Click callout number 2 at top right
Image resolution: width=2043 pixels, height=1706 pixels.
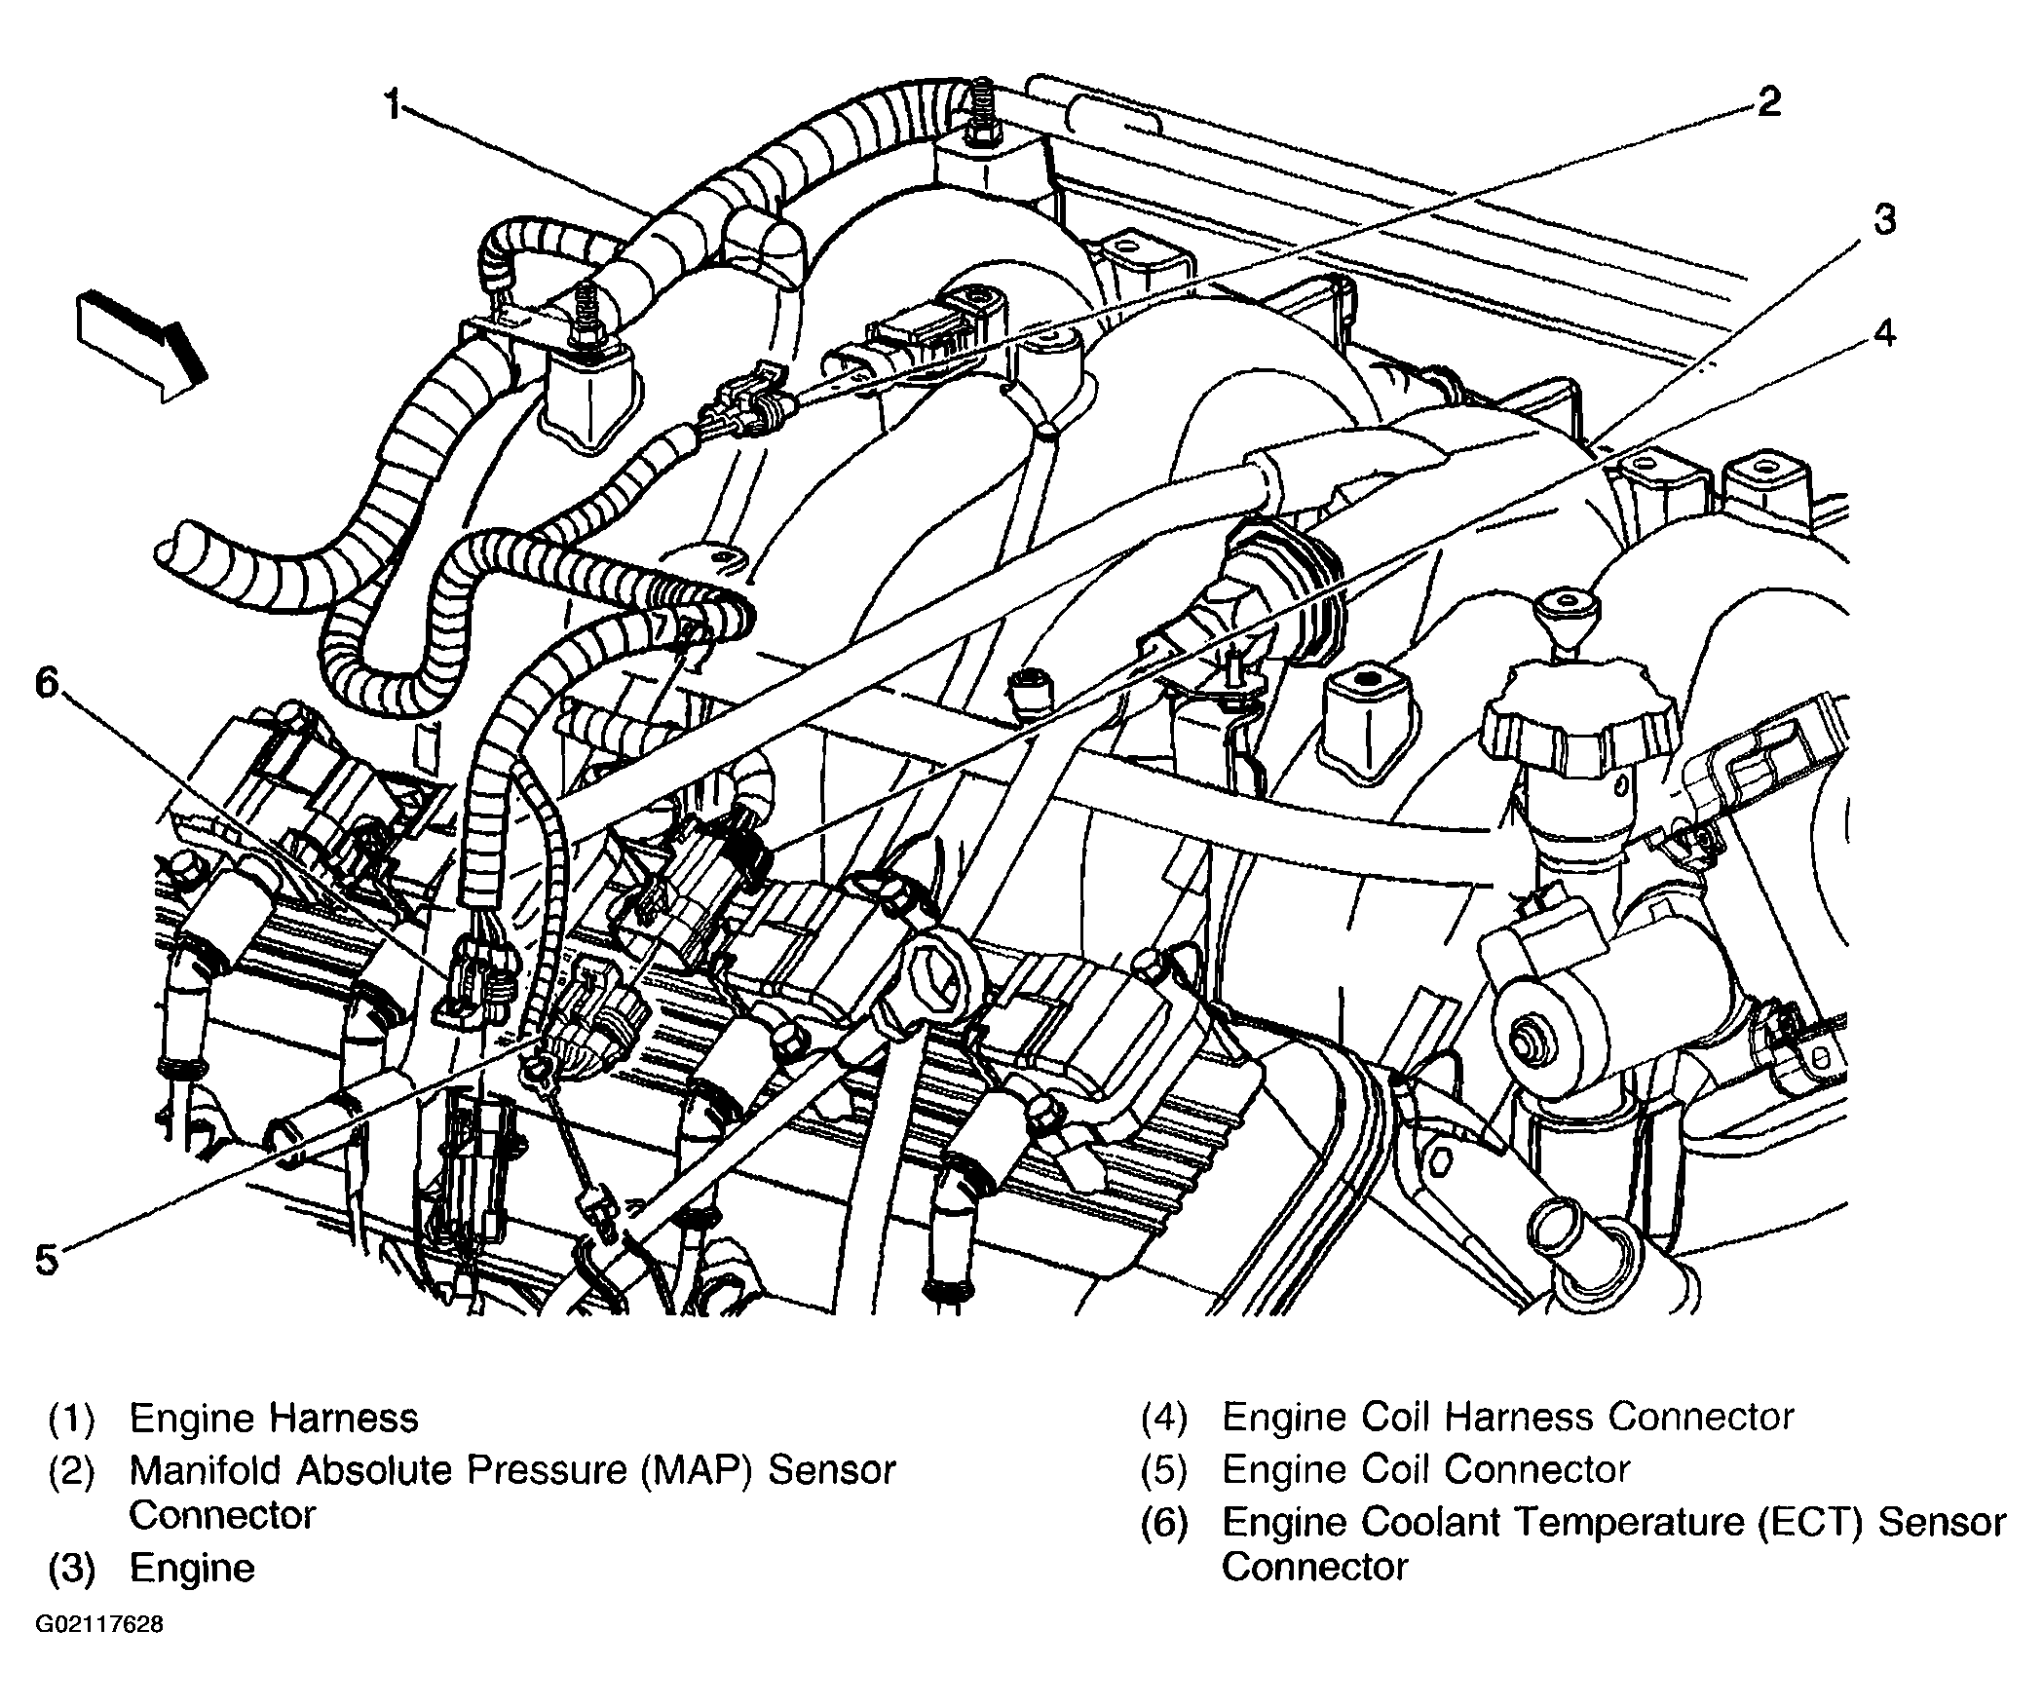point(1767,101)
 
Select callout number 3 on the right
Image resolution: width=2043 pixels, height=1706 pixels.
point(1884,221)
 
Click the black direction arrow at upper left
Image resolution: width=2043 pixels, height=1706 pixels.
point(142,344)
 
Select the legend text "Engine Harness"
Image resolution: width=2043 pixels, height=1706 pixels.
point(274,1418)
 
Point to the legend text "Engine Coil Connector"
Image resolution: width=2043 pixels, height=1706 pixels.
point(1425,1469)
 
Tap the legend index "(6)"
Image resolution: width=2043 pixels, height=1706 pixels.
point(1164,1523)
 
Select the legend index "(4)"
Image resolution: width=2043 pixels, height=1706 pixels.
point(1164,1419)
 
